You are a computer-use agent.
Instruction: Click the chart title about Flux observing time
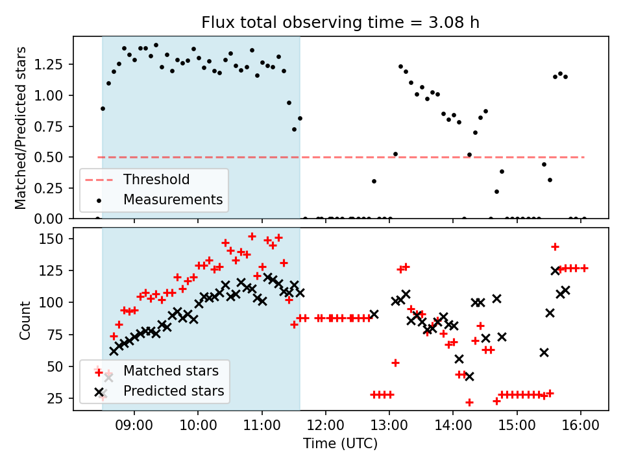coord(341,22)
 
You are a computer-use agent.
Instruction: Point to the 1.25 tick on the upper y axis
coord(48,64)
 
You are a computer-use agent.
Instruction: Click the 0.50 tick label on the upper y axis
coord(48,157)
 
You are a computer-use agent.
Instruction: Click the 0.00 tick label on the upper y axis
coord(48,219)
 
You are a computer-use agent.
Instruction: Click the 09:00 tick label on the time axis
coord(134,425)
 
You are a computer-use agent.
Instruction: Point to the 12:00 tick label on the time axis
coord(326,425)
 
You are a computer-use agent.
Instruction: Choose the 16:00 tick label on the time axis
coord(581,425)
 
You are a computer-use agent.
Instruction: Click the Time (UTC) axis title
coord(341,444)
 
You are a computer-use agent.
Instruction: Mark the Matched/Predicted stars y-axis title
coord(20,128)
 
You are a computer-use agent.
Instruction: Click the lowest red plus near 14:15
coord(469,403)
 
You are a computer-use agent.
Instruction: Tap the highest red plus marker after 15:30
coord(555,247)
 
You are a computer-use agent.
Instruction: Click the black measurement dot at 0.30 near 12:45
coord(374,182)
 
